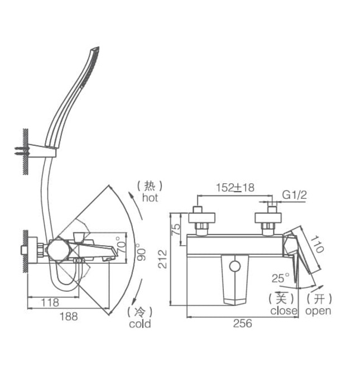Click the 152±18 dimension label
235,188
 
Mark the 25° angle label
281,278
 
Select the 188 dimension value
69,316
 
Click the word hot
150,197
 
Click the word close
284,311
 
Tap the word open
318,311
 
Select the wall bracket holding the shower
45,149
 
